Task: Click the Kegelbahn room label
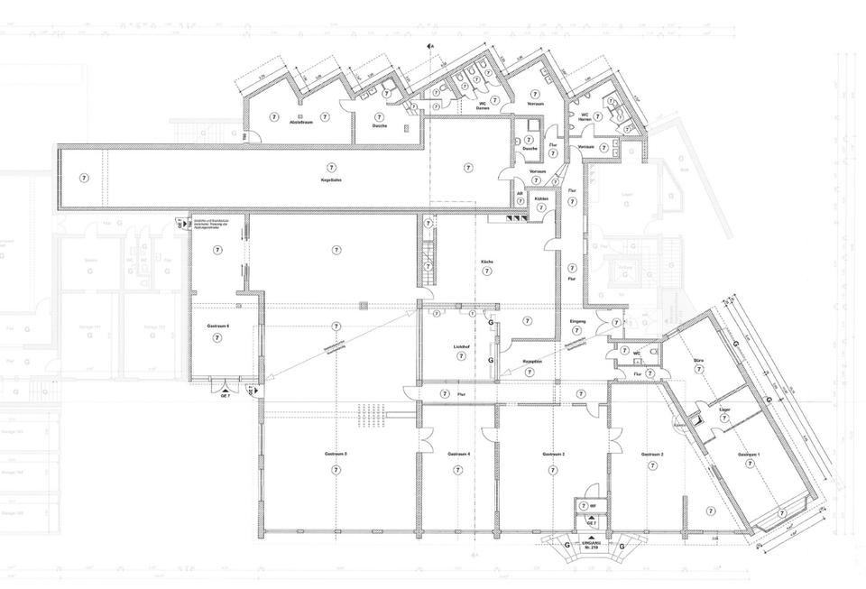pos(330,180)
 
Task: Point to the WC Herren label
pos(585,117)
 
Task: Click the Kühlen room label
pos(541,198)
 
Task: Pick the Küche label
pos(487,261)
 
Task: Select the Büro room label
pos(698,359)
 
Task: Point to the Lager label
pos(723,410)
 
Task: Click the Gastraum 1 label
pos(749,455)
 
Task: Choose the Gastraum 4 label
pos(458,454)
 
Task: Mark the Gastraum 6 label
pos(217,326)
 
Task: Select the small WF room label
pos(593,506)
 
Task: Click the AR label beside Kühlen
pos(521,193)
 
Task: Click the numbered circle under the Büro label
pos(698,370)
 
